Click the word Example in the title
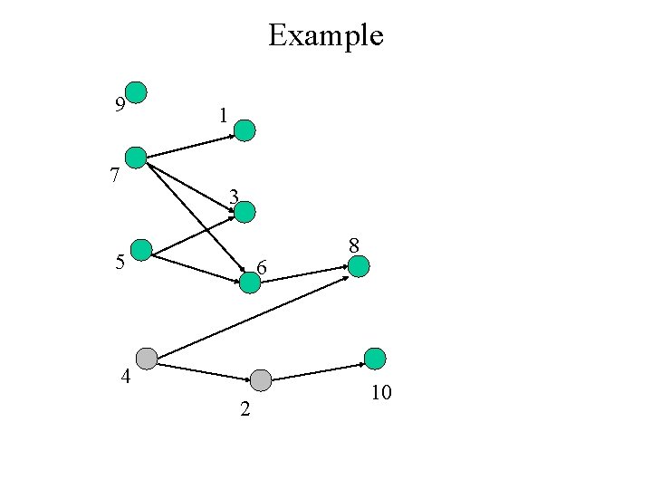[x=326, y=35]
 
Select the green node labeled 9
[x=136, y=91]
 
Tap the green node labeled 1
[x=245, y=130]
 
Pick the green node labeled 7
[x=136, y=158]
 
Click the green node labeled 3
[x=245, y=212]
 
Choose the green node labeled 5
[x=142, y=250]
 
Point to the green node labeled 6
[x=250, y=283]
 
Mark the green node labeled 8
[x=359, y=266]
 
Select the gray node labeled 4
[x=146, y=359]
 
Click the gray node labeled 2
[x=261, y=380]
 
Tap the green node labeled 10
[x=375, y=359]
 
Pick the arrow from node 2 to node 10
[x=319, y=371]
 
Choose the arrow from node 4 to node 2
[x=203, y=370]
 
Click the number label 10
[x=381, y=393]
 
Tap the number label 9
[x=120, y=105]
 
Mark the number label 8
[x=354, y=244]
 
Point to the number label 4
[x=127, y=377]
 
